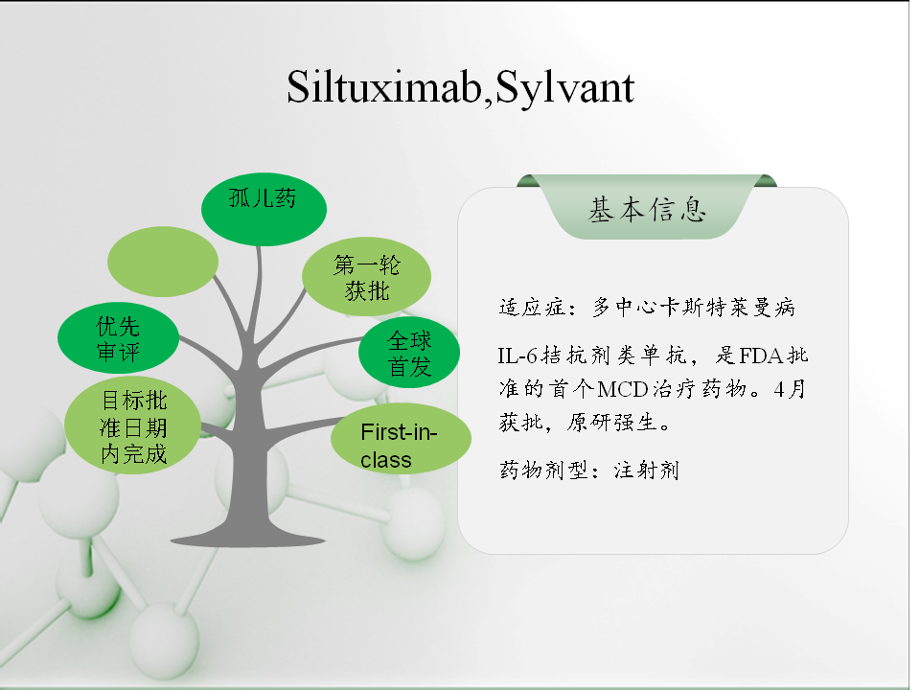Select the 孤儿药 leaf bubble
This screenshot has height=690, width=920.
(x=264, y=209)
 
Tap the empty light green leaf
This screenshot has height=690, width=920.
(x=163, y=261)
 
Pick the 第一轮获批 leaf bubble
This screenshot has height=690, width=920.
(x=367, y=276)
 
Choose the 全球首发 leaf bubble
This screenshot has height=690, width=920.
(x=409, y=353)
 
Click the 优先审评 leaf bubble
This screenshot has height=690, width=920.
(x=118, y=338)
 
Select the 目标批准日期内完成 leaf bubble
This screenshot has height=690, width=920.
(x=132, y=425)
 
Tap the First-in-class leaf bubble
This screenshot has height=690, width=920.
(x=401, y=439)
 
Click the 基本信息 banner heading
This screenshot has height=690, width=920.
(x=647, y=210)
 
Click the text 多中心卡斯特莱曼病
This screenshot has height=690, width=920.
(x=694, y=307)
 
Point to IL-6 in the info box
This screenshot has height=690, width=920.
(x=517, y=356)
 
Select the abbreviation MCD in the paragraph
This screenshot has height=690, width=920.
(x=623, y=389)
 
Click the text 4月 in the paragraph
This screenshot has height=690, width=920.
(x=789, y=389)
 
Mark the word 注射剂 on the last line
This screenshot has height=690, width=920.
(x=647, y=470)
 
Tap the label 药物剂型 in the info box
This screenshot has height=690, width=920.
(x=543, y=470)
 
